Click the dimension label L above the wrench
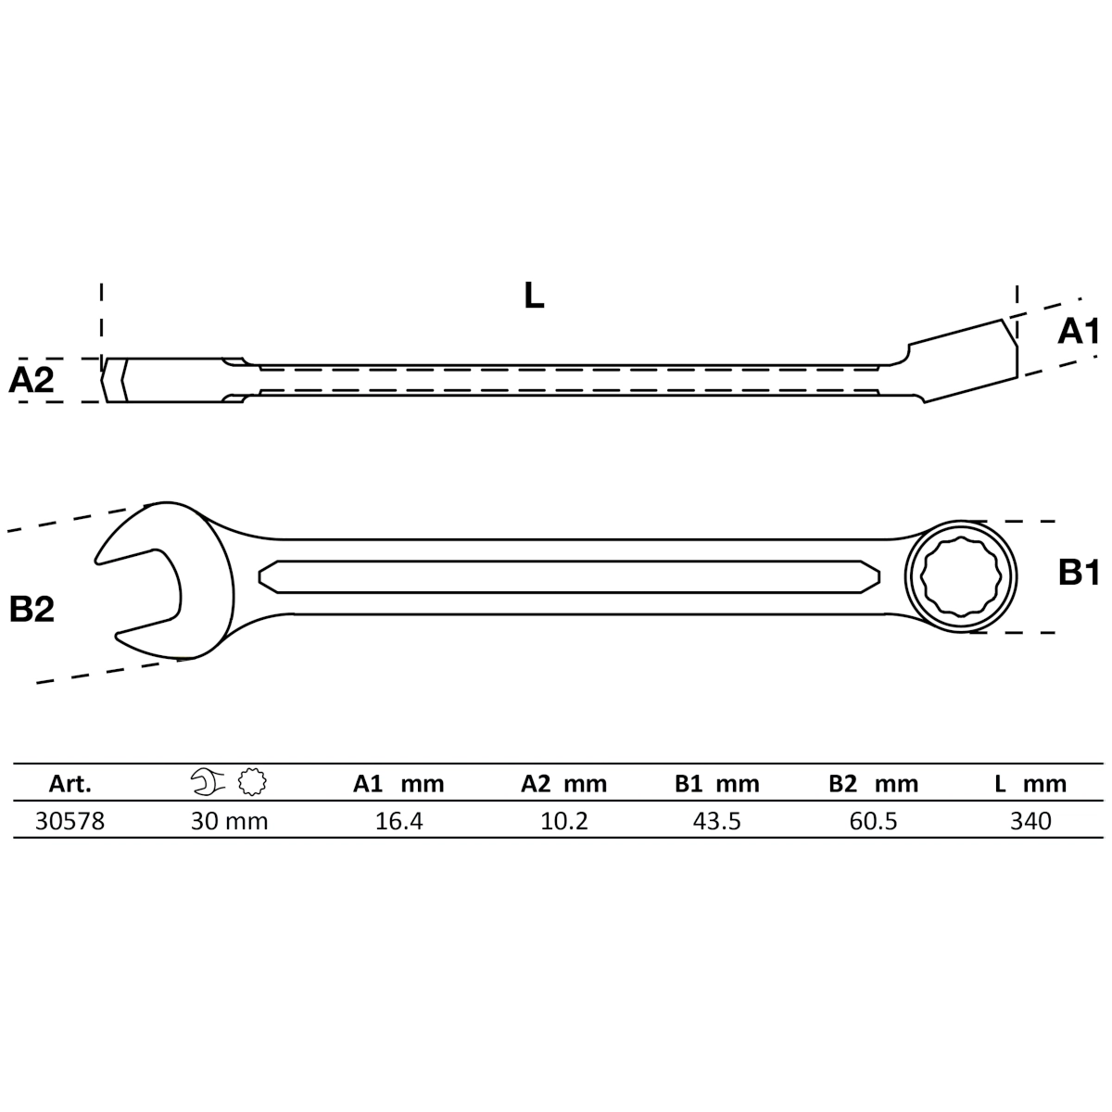(534, 296)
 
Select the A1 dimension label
(1079, 331)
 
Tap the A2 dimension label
(32, 380)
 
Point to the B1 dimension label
(1079, 574)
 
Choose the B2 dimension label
(32, 609)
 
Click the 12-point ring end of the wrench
(961, 577)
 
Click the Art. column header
(69, 784)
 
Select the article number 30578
(69, 821)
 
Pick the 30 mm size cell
(230, 821)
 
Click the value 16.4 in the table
(399, 821)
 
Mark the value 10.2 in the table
(564, 821)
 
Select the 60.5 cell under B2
(873, 821)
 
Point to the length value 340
(1030, 821)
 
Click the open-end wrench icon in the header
(208, 784)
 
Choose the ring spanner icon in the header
(251, 784)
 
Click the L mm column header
(1030, 784)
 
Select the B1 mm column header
(717, 784)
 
